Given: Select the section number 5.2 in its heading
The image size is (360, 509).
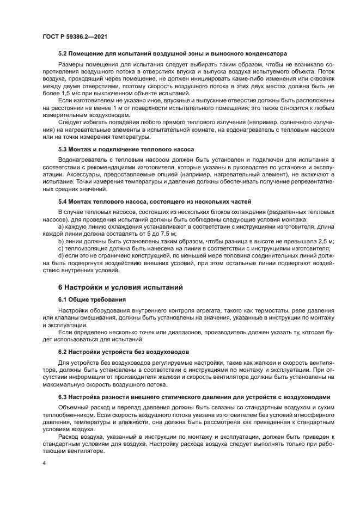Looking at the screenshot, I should [x=63, y=54].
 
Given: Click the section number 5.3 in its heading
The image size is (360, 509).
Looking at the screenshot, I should [x=63, y=149].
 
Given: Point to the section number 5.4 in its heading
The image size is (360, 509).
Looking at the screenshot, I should [x=63, y=201].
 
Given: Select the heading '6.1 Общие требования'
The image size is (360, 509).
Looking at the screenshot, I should [x=91, y=299].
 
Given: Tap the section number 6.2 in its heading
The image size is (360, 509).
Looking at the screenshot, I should [x=63, y=352].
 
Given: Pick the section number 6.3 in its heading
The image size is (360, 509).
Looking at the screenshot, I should [x=63, y=397].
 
